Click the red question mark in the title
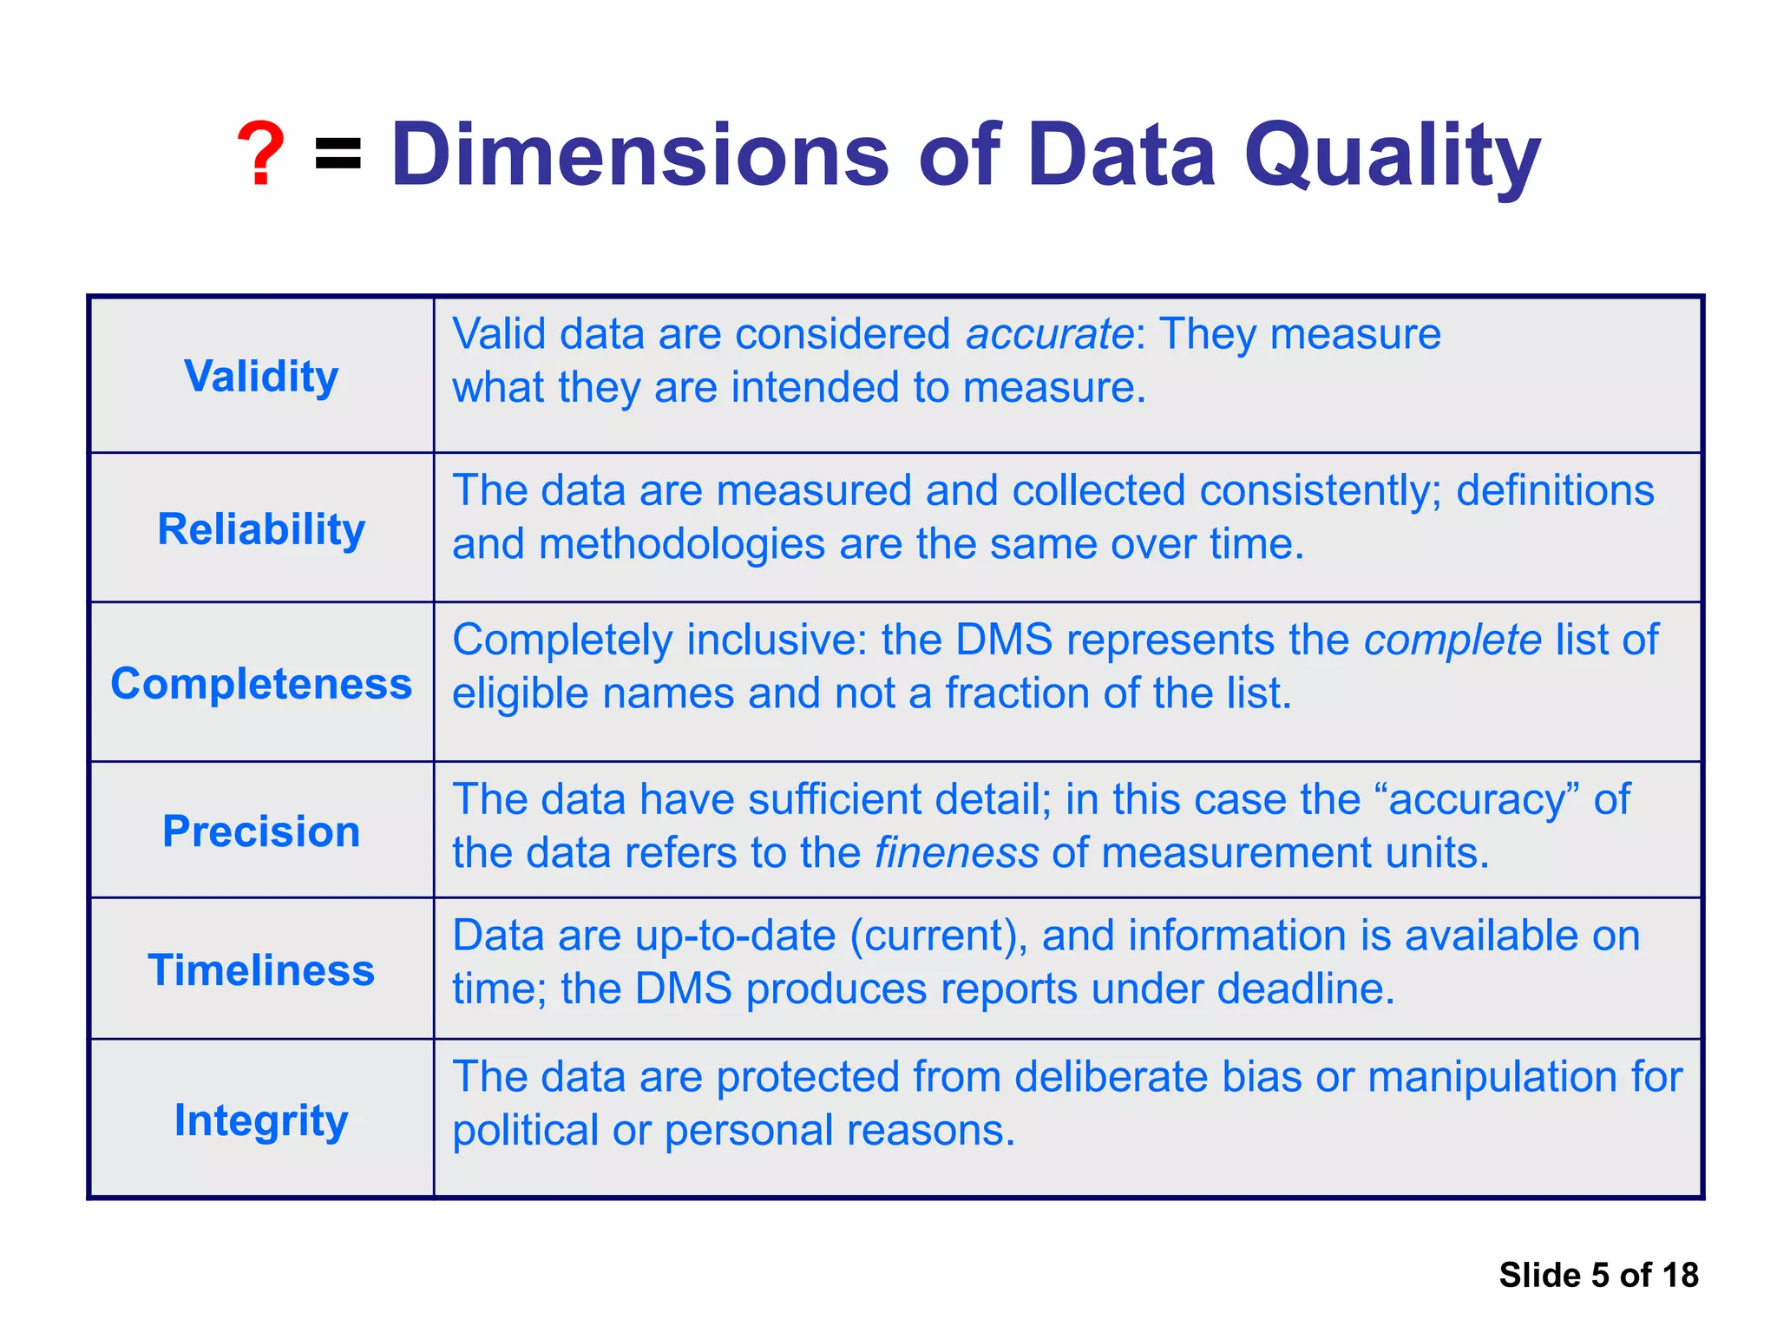click(x=260, y=154)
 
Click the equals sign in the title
click(x=338, y=154)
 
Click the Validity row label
click(x=261, y=377)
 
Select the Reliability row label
click(x=261, y=529)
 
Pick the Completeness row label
click(x=261, y=684)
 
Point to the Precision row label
click(x=261, y=831)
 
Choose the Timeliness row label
click(x=261, y=970)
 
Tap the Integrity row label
click(x=261, y=1120)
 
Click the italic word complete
click(x=1452, y=640)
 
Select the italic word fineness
click(x=956, y=853)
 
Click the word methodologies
click(x=681, y=545)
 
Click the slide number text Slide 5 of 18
click(x=1598, y=1275)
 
